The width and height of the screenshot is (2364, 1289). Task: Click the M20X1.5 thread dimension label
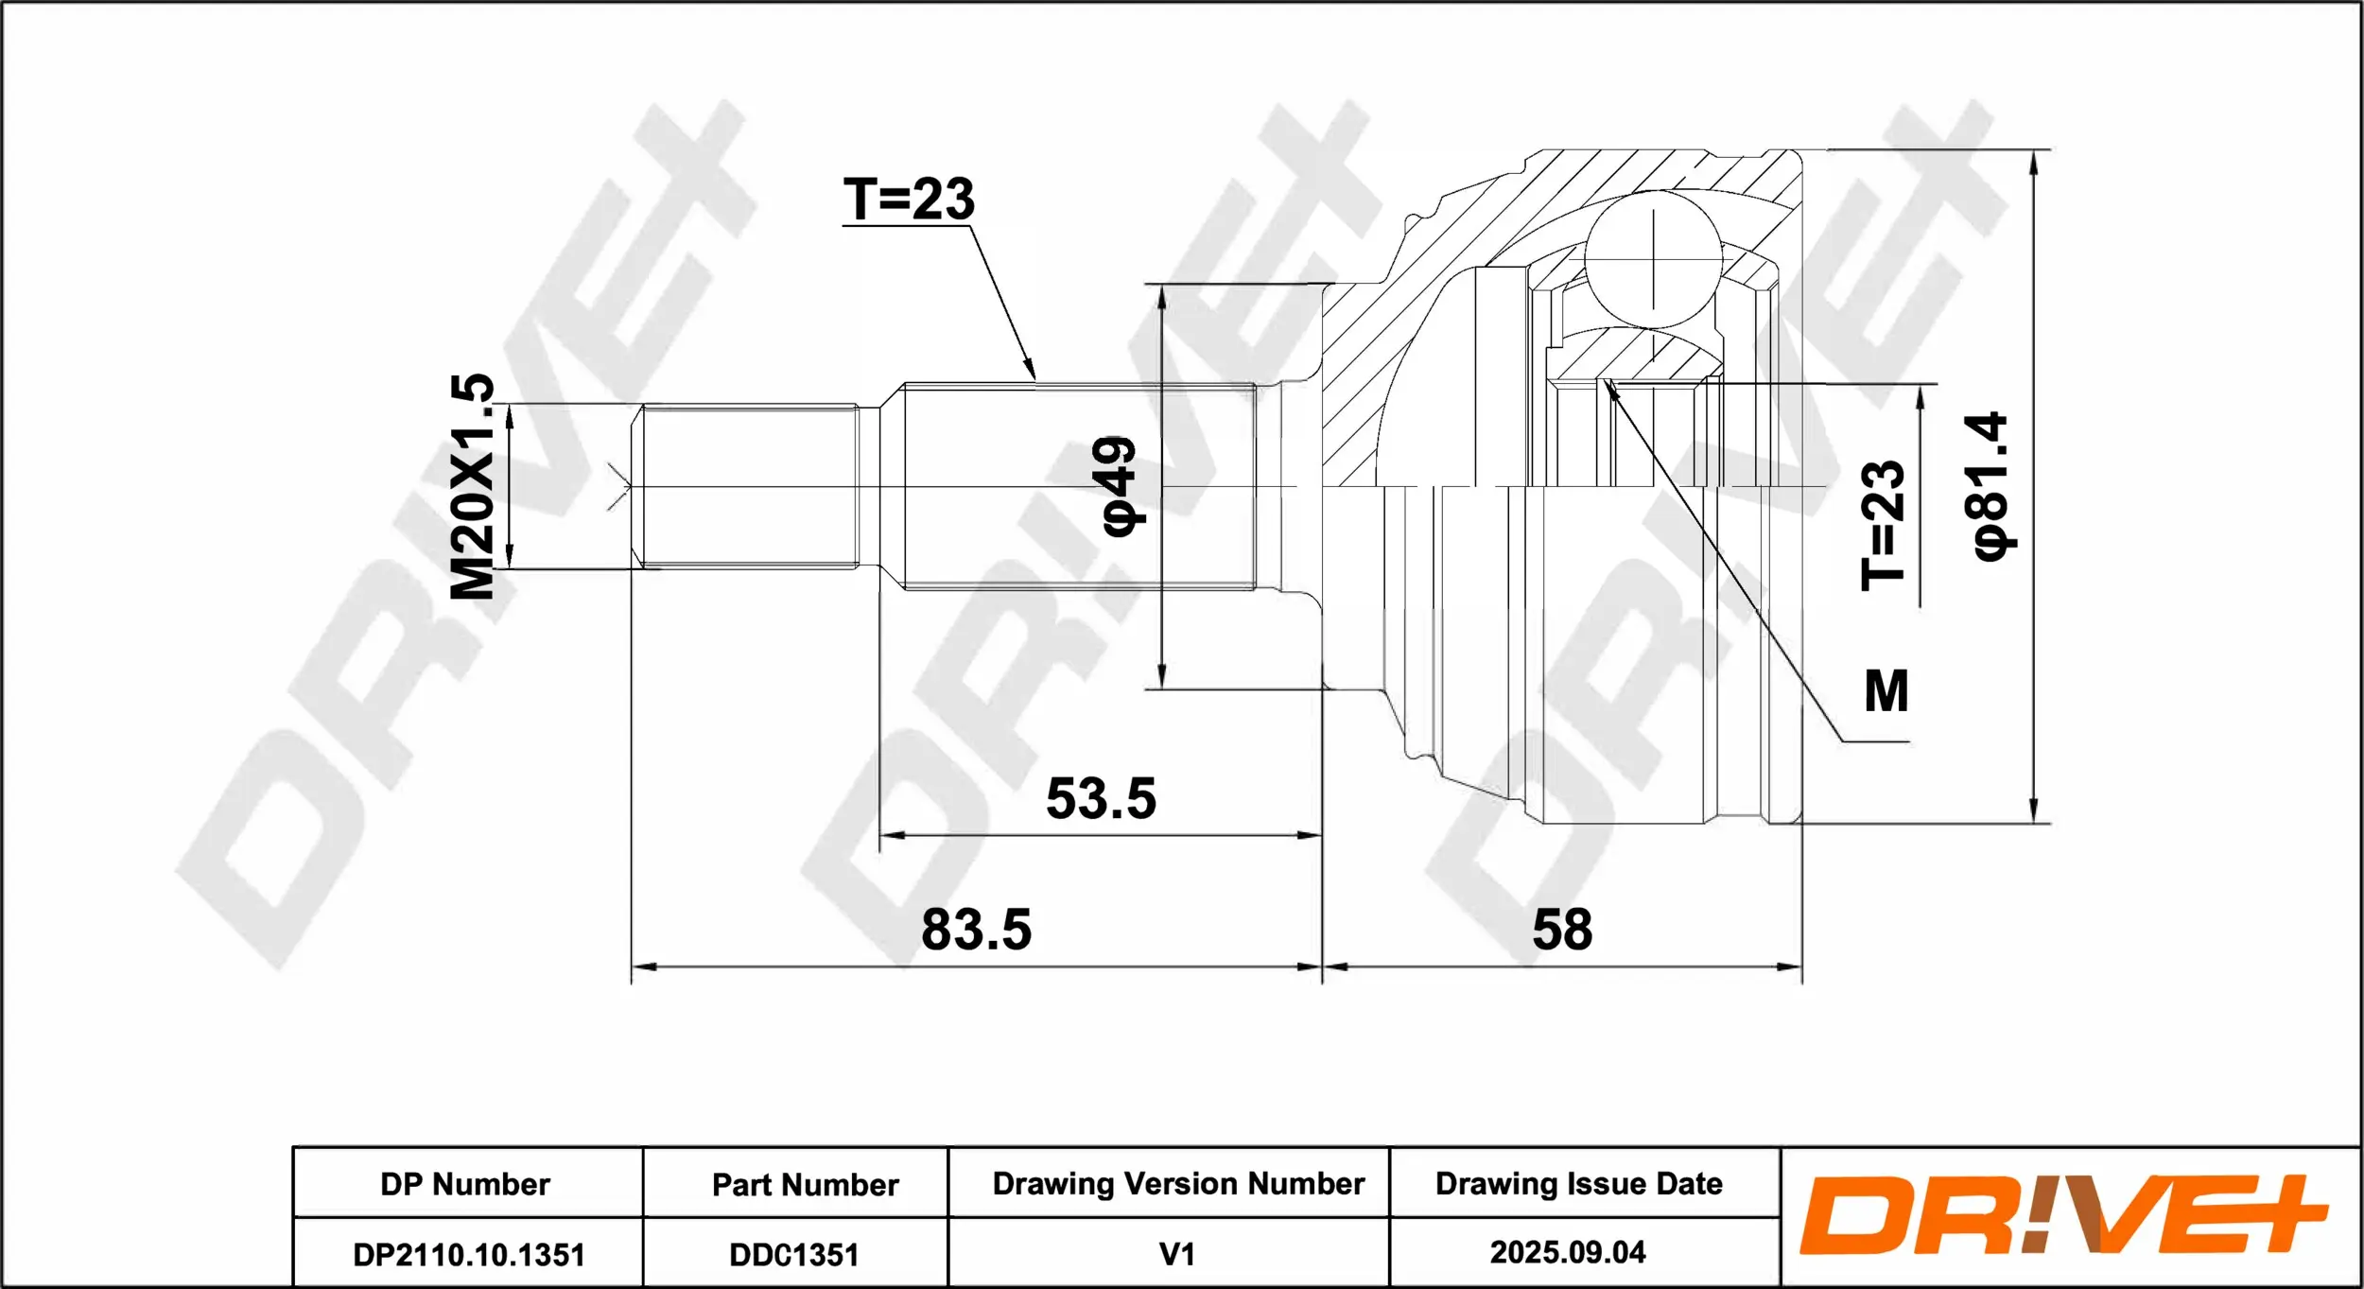click(x=472, y=486)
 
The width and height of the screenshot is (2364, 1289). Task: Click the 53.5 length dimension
click(x=1101, y=799)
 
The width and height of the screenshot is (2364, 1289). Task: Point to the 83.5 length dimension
click(x=976, y=930)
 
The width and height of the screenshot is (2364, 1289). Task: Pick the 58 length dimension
click(x=1562, y=930)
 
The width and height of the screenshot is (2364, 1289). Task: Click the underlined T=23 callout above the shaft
click(x=909, y=200)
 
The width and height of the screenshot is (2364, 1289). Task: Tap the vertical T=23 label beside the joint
click(x=1883, y=526)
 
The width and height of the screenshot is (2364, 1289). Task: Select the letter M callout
click(x=1886, y=691)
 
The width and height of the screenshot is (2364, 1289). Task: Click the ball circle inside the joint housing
click(x=1654, y=259)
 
